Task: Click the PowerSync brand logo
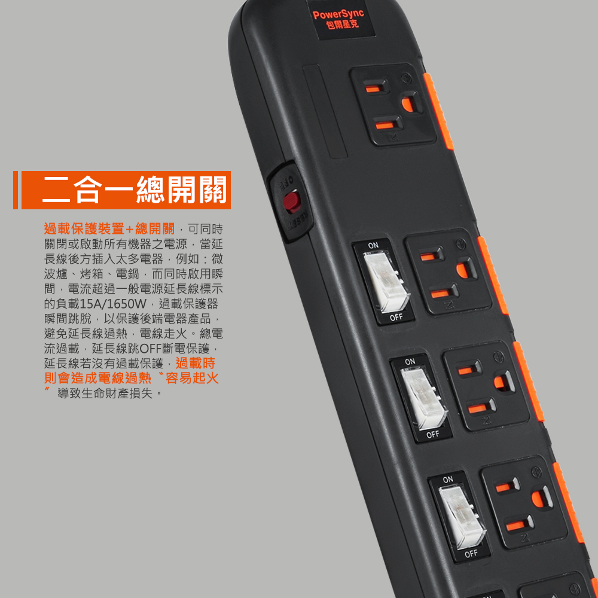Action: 338,19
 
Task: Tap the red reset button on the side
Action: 292,202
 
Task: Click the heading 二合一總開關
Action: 134,190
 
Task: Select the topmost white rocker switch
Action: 386,280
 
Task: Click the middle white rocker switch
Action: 423,398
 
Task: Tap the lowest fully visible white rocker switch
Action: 462,517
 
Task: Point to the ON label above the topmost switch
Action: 373,245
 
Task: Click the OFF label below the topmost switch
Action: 396,318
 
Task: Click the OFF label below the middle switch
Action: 433,434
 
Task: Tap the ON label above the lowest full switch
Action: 448,480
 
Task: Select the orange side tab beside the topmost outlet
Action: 438,111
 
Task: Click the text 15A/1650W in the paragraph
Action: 113,304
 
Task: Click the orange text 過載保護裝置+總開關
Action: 109,229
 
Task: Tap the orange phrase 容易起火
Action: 192,378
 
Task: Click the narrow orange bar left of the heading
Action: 16,190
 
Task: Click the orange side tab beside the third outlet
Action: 529,382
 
